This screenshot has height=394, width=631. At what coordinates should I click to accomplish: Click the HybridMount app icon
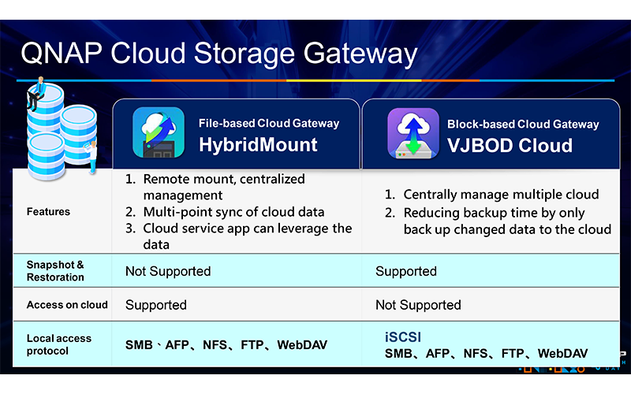(x=159, y=132)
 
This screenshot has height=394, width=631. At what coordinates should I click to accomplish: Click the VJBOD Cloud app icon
(x=413, y=133)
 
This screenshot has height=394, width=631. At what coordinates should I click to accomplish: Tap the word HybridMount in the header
(x=258, y=145)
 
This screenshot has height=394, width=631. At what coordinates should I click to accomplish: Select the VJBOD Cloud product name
(x=510, y=146)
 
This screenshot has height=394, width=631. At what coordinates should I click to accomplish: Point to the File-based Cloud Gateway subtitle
(x=269, y=123)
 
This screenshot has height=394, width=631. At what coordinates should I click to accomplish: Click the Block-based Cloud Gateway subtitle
(x=523, y=125)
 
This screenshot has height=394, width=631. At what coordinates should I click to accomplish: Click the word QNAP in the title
(x=62, y=54)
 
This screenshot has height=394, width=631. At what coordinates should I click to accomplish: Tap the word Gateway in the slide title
(x=360, y=54)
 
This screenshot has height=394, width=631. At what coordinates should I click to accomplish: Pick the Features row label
(x=48, y=211)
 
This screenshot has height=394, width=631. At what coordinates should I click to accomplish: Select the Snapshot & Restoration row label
(x=55, y=271)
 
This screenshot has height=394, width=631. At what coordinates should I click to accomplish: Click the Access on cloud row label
(x=67, y=305)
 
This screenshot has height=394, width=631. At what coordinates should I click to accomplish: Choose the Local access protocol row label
(x=58, y=344)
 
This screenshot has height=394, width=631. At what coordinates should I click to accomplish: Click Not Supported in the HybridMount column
(x=168, y=271)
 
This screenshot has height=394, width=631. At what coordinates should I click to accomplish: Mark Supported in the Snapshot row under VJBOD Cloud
(x=406, y=271)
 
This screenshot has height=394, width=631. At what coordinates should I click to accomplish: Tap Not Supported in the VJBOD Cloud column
(x=418, y=305)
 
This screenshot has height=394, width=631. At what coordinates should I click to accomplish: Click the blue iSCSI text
(x=403, y=337)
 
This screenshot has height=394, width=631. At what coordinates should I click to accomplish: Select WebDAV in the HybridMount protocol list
(x=302, y=345)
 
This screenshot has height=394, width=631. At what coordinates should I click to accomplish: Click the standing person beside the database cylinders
(x=91, y=157)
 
